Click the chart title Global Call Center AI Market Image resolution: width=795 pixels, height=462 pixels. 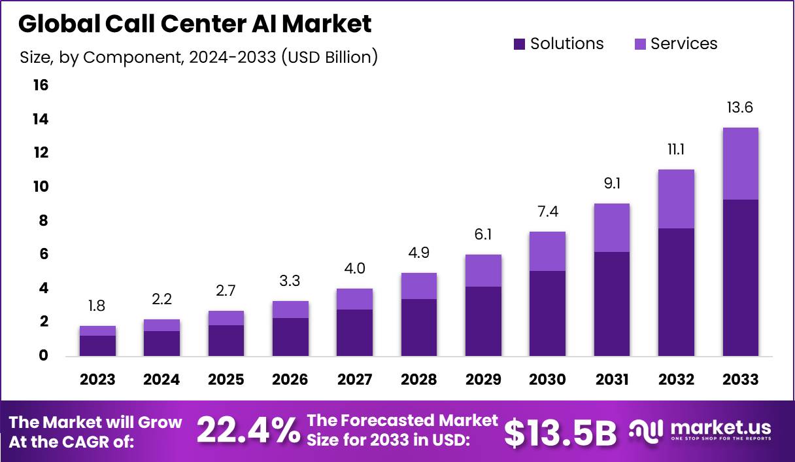click(x=195, y=24)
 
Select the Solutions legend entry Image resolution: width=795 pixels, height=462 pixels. click(x=559, y=44)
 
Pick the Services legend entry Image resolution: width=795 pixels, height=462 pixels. click(x=675, y=44)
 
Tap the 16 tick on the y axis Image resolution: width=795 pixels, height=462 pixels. click(x=40, y=86)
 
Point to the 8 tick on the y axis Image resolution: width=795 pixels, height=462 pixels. click(x=43, y=221)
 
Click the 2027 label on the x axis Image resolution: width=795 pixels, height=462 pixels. click(x=354, y=380)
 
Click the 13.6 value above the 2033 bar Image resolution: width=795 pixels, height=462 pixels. click(x=740, y=107)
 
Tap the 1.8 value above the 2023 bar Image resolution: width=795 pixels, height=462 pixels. click(x=97, y=306)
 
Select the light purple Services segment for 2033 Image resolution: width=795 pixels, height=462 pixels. click(x=740, y=164)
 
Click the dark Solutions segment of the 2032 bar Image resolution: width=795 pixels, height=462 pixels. click(x=676, y=292)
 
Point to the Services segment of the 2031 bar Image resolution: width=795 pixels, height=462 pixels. click(x=612, y=228)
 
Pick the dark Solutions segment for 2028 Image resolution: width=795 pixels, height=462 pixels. click(x=419, y=327)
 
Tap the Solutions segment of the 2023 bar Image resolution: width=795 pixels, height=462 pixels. click(x=97, y=346)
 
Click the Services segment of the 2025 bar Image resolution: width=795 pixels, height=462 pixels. click(x=226, y=318)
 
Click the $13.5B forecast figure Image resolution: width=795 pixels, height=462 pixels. click(x=560, y=432)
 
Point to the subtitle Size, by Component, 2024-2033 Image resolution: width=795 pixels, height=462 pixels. click(x=199, y=57)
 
